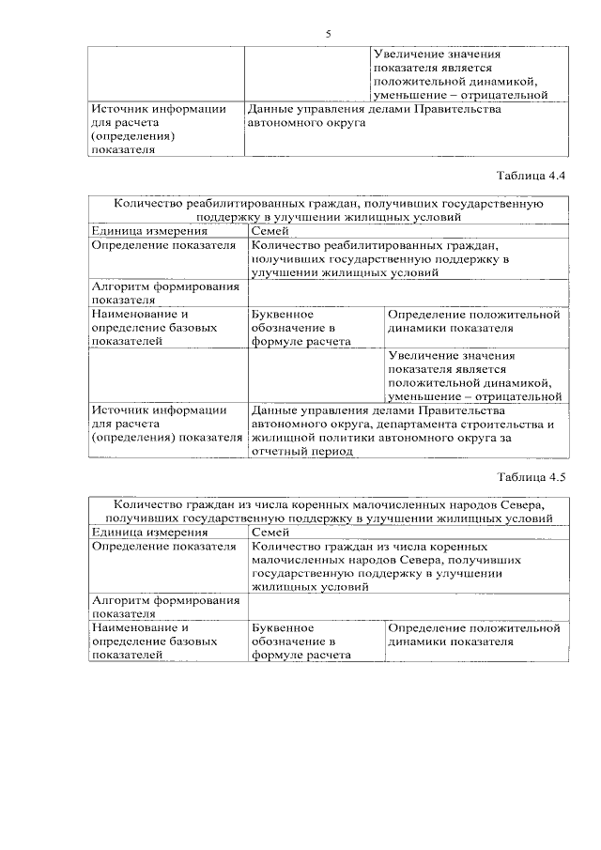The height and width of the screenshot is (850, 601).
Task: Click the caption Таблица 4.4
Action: [x=532, y=175]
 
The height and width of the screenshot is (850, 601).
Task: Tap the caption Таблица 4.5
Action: [x=532, y=475]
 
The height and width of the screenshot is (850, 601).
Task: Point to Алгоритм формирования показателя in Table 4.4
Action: [x=165, y=292]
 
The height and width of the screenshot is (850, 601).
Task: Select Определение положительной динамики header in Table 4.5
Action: [x=474, y=635]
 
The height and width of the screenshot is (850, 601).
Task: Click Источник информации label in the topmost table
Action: [x=159, y=129]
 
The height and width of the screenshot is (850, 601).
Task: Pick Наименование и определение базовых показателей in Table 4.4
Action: [x=154, y=328]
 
